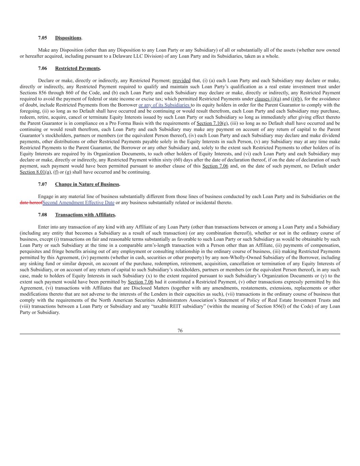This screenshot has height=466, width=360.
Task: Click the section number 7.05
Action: click(x=42, y=38)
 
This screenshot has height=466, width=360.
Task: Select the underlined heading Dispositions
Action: click(x=68, y=38)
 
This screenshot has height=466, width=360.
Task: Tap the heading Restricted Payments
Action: click(x=77, y=68)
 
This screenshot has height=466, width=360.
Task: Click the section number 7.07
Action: click(x=42, y=184)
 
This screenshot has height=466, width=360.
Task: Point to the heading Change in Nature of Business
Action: click(x=87, y=184)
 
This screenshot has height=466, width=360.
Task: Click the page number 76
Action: click(x=180, y=330)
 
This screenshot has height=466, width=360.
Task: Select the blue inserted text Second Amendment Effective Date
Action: click(x=78, y=203)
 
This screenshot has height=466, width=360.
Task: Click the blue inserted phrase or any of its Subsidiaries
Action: click(x=164, y=105)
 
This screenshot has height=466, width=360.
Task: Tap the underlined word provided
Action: click(x=181, y=81)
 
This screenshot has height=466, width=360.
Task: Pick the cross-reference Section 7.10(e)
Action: click(x=212, y=123)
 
